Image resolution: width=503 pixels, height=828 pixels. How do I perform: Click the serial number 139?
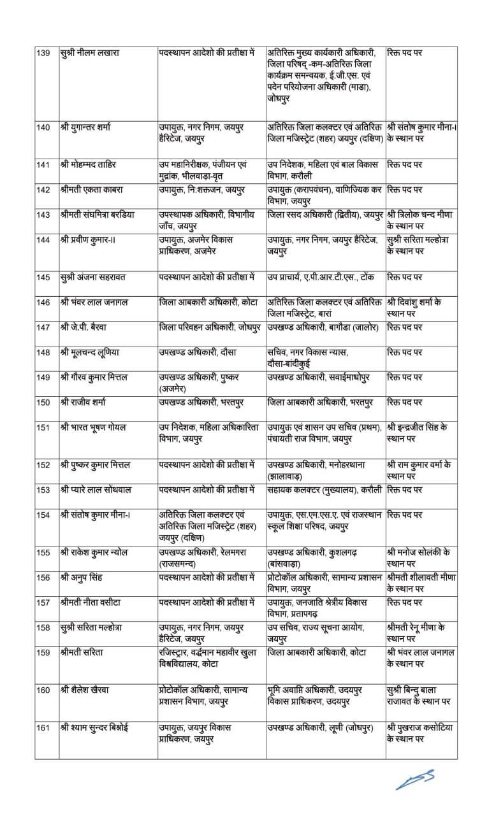43,52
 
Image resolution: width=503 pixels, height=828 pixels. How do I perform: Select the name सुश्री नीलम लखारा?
90,52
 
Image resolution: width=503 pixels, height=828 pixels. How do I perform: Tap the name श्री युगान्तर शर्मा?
88,127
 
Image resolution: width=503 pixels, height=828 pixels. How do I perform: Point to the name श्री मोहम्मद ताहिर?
91,165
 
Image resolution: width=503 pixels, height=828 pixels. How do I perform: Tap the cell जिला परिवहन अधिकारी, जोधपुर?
210,327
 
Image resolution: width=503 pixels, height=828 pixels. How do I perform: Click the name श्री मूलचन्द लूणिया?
93,352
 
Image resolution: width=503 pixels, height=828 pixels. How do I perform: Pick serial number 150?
43,402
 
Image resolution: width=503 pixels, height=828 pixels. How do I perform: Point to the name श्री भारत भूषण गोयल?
97,427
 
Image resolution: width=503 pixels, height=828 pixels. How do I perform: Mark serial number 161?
43,727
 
